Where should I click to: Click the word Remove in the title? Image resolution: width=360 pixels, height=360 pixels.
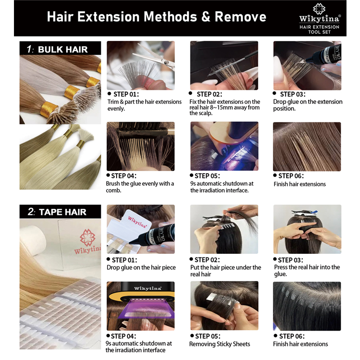pos(240,17)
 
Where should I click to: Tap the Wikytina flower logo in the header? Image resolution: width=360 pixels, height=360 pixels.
pos(319,9)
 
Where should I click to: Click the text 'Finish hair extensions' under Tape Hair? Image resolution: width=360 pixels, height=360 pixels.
pos(300,344)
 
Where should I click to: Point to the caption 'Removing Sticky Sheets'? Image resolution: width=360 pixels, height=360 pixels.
pos(220,344)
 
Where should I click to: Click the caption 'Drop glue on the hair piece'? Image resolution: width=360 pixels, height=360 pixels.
pos(141,267)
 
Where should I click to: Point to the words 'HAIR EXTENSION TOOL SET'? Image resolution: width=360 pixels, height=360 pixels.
pos(319,29)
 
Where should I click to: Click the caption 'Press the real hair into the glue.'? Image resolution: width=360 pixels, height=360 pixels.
pos(307,270)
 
